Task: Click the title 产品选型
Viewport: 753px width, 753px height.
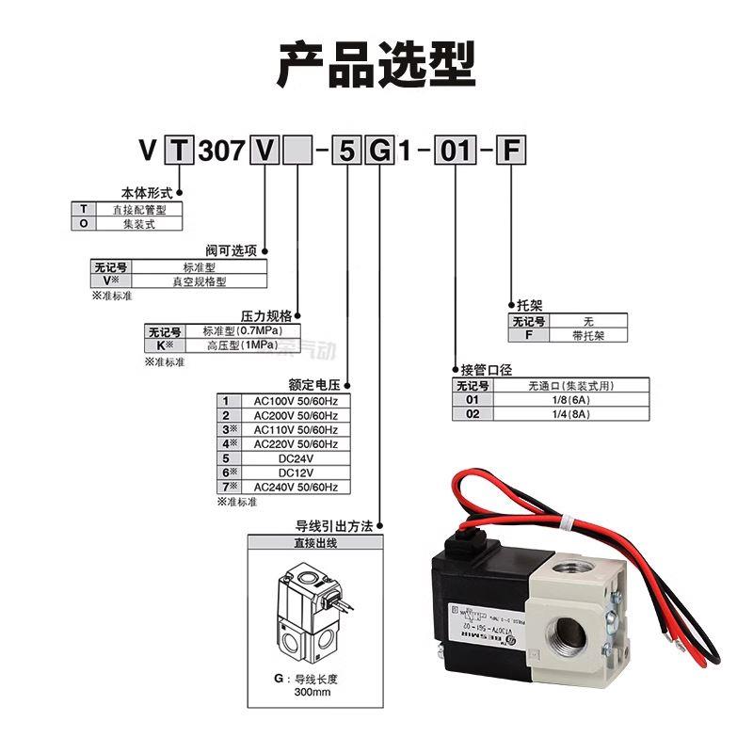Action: coord(376,63)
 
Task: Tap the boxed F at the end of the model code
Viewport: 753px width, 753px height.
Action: coord(509,151)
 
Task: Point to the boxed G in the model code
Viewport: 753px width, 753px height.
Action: coord(377,151)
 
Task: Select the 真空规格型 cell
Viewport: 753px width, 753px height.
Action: coord(199,280)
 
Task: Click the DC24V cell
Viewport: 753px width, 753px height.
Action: coord(296,458)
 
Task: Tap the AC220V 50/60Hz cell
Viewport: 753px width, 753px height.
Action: coord(296,443)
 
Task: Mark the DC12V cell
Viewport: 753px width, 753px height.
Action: coord(296,473)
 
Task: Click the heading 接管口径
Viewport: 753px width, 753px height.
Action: coord(486,370)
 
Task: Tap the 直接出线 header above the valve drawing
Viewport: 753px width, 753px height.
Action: coord(315,542)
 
